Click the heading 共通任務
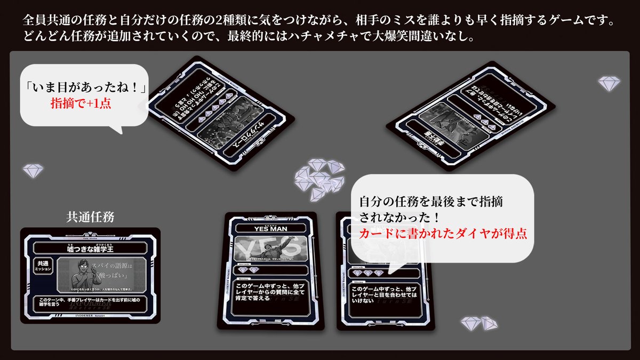pyautogui.click(x=90, y=217)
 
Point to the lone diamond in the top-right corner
pyautogui.click(x=609, y=83)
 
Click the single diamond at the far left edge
pyautogui.click(x=33, y=171)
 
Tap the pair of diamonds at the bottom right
pyautogui.click(x=478, y=323)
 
